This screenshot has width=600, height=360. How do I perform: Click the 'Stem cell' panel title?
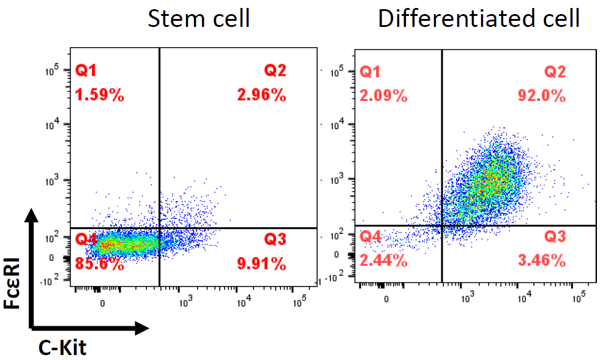pyautogui.click(x=199, y=18)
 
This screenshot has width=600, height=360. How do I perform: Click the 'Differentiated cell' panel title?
pyautogui.click(x=478, y=18)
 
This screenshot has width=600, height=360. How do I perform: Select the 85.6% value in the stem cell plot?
pyautogui.click(x=100, y=264)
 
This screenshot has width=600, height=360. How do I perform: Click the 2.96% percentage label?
pyautogui.click(x=261, y=95)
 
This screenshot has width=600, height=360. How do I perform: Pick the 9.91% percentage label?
pyautogui.click(x=261, y=264)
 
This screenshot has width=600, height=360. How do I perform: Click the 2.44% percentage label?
pyautogui.click(x=383, y=260)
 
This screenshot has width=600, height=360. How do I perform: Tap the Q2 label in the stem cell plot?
pyautogui.click(x=275, y=71)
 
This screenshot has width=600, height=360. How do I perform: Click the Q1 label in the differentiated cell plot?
pyautogui.click(x=370, y=72)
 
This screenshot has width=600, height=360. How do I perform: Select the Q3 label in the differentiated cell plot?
pyautogui.click(x=555, y=237)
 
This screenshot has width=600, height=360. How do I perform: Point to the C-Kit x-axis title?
pyautogui.click(x=62, y=348)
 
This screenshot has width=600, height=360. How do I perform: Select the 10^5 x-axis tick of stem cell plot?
pyautogui.click(x=299, y=301)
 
